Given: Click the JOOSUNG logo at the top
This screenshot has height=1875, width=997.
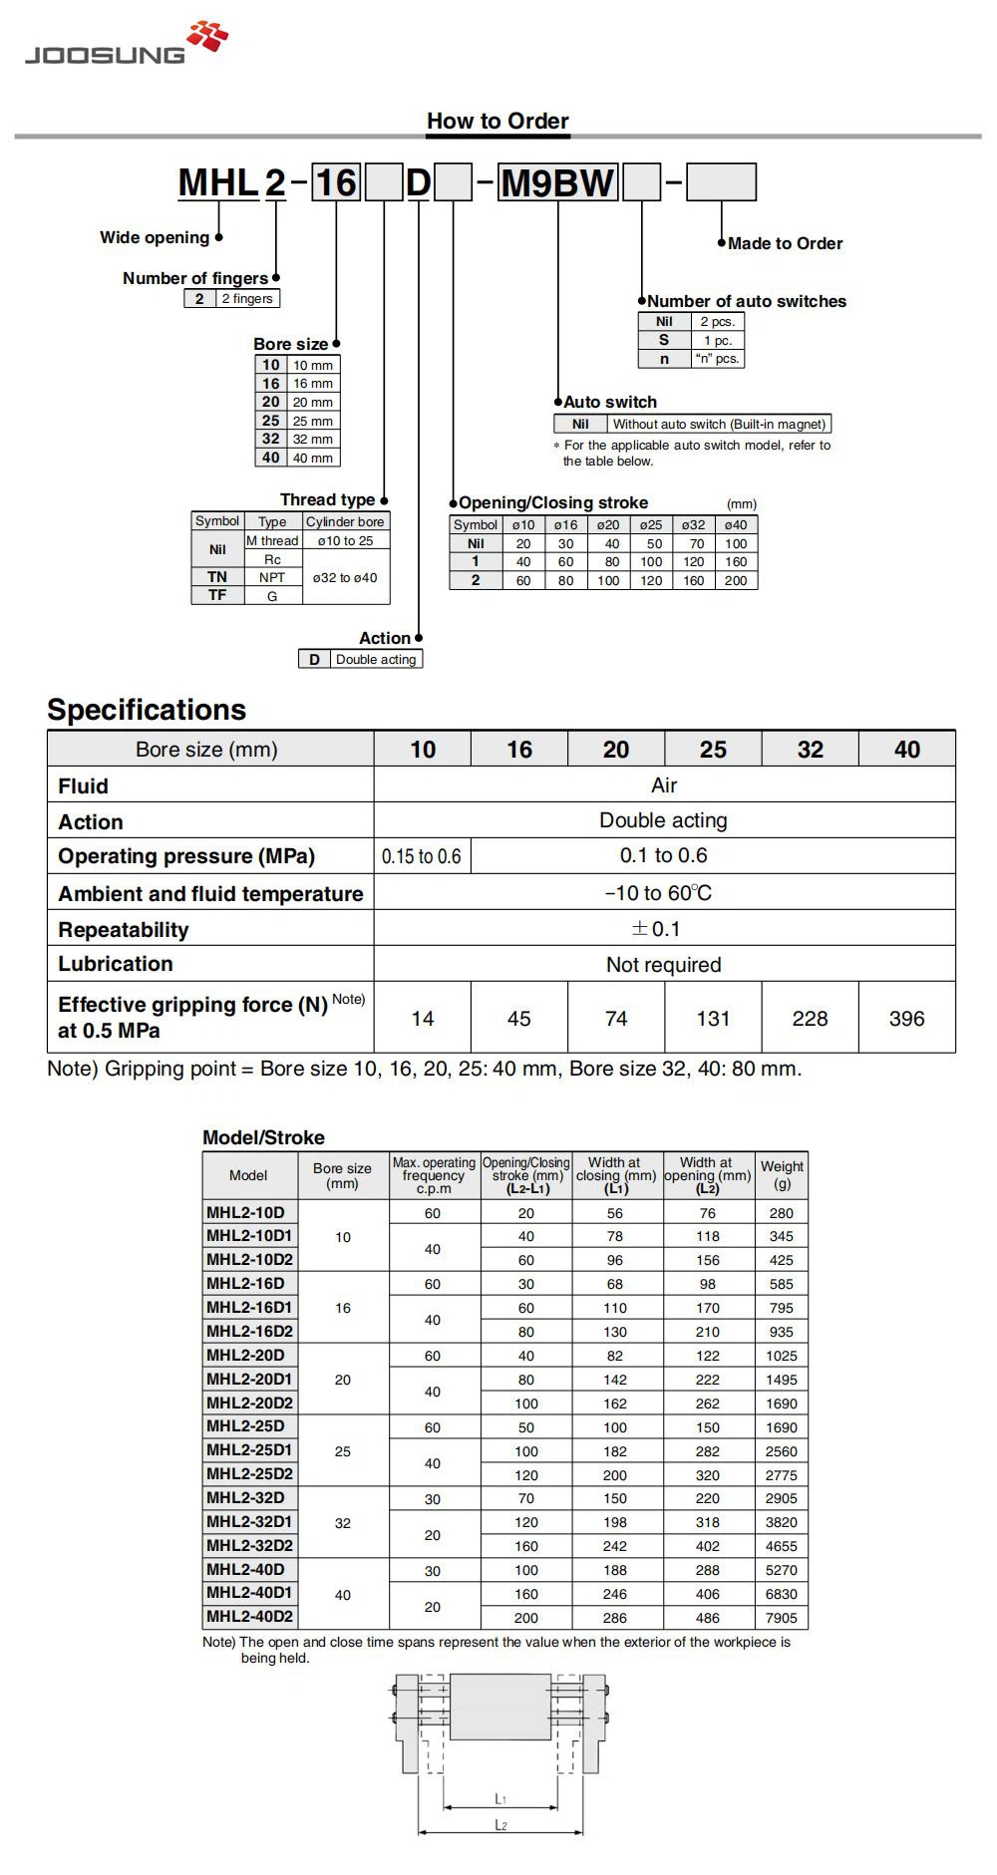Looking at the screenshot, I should (126, 46).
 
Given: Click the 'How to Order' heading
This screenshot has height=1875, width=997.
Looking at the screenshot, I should (498, 122).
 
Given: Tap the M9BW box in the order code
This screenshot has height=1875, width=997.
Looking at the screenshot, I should (557, 183).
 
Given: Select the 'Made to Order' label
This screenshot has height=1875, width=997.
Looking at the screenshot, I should (785, 243).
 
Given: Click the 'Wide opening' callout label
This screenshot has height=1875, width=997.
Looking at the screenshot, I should (155, 237).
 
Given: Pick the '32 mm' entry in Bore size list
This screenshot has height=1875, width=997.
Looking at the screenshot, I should (313, 439).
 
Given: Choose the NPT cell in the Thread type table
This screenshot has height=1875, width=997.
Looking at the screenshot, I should (272, 577).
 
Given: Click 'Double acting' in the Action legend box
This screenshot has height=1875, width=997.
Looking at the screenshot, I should (376, 659).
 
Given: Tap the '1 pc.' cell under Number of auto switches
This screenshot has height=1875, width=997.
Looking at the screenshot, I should (718, 340).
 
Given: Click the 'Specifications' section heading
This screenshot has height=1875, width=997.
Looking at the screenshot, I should (147, 710).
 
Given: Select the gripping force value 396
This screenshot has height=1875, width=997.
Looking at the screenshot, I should (906, 1019).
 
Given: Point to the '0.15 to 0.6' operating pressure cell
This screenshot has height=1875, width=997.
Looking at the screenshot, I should (422, 856).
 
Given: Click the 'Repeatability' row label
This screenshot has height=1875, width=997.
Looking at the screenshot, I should (124, 930).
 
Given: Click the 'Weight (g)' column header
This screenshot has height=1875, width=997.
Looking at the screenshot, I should (782, 1175).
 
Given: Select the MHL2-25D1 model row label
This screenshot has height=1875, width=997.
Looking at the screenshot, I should (249, 1450).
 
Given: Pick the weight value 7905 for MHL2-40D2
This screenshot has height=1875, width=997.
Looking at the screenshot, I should (782, 1618).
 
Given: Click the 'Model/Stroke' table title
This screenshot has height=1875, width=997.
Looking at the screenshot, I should (263, 1137).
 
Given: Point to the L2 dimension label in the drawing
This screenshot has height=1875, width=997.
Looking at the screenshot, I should (501, 1825).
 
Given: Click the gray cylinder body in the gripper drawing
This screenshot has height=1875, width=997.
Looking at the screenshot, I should (499, 1708).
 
